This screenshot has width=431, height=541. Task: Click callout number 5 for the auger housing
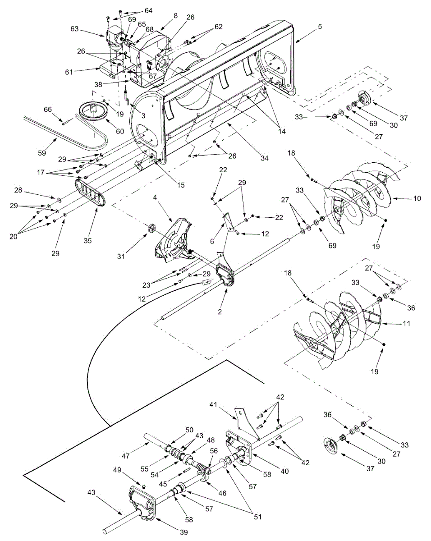click(x=320, y=26)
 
